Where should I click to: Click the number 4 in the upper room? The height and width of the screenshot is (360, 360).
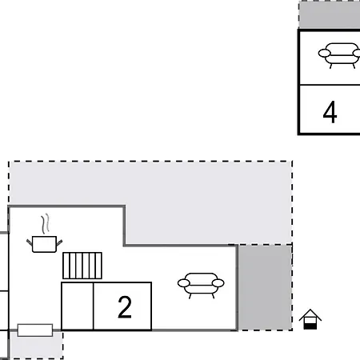(x=330, y=112)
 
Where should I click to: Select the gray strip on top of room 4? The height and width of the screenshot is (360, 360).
(x=330, y=15)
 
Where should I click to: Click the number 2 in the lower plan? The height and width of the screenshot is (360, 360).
(x=124, y=307)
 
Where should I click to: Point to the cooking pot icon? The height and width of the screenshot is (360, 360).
(x=45, y=242)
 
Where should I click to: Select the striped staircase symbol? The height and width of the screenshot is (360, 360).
(x=83, y=265)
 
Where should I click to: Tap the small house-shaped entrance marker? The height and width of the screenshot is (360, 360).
(x=310, y=319)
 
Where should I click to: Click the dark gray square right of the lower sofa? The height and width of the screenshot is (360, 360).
(x=265, y=287)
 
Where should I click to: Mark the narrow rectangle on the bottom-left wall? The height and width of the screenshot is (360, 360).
(x=34, y=330)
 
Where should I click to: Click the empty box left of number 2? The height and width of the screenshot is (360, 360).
(x=78, y=306)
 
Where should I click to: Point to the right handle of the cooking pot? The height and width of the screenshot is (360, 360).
(x=60, y=238)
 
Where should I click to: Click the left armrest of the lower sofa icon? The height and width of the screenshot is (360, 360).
(x=181, y=282)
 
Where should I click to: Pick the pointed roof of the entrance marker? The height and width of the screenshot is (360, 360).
(x=310, y=313)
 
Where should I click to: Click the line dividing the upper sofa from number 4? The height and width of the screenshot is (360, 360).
(x=330, y=84)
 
